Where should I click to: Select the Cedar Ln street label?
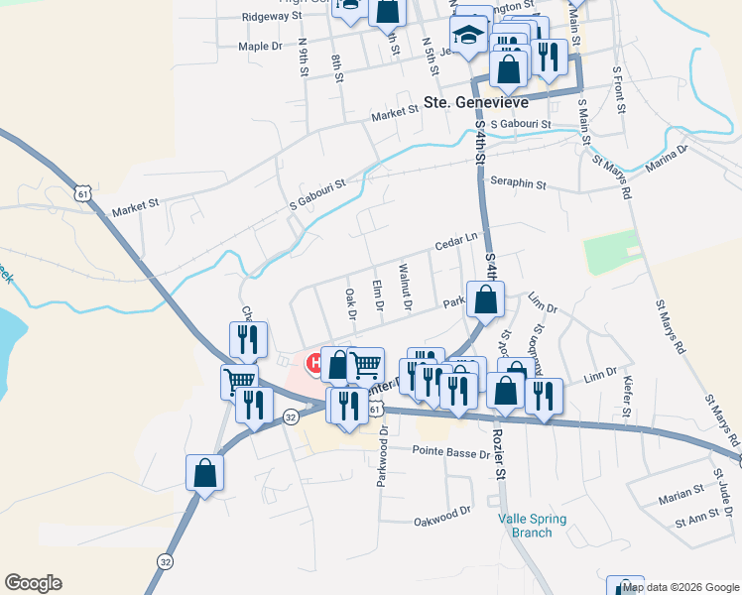tap(456, 240)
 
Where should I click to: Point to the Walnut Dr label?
tap(405, 286)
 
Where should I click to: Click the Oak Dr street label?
tap(350, 303)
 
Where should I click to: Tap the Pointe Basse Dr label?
tap(451, 452)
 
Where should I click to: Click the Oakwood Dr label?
tap(441, 515)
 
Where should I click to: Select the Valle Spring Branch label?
tap(525, 525)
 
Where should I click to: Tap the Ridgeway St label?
tap(272, 17)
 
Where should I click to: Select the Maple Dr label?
tap(260, 46)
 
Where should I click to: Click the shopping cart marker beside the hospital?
tap(366, 366)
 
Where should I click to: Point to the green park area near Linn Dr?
tap(611, 252)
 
